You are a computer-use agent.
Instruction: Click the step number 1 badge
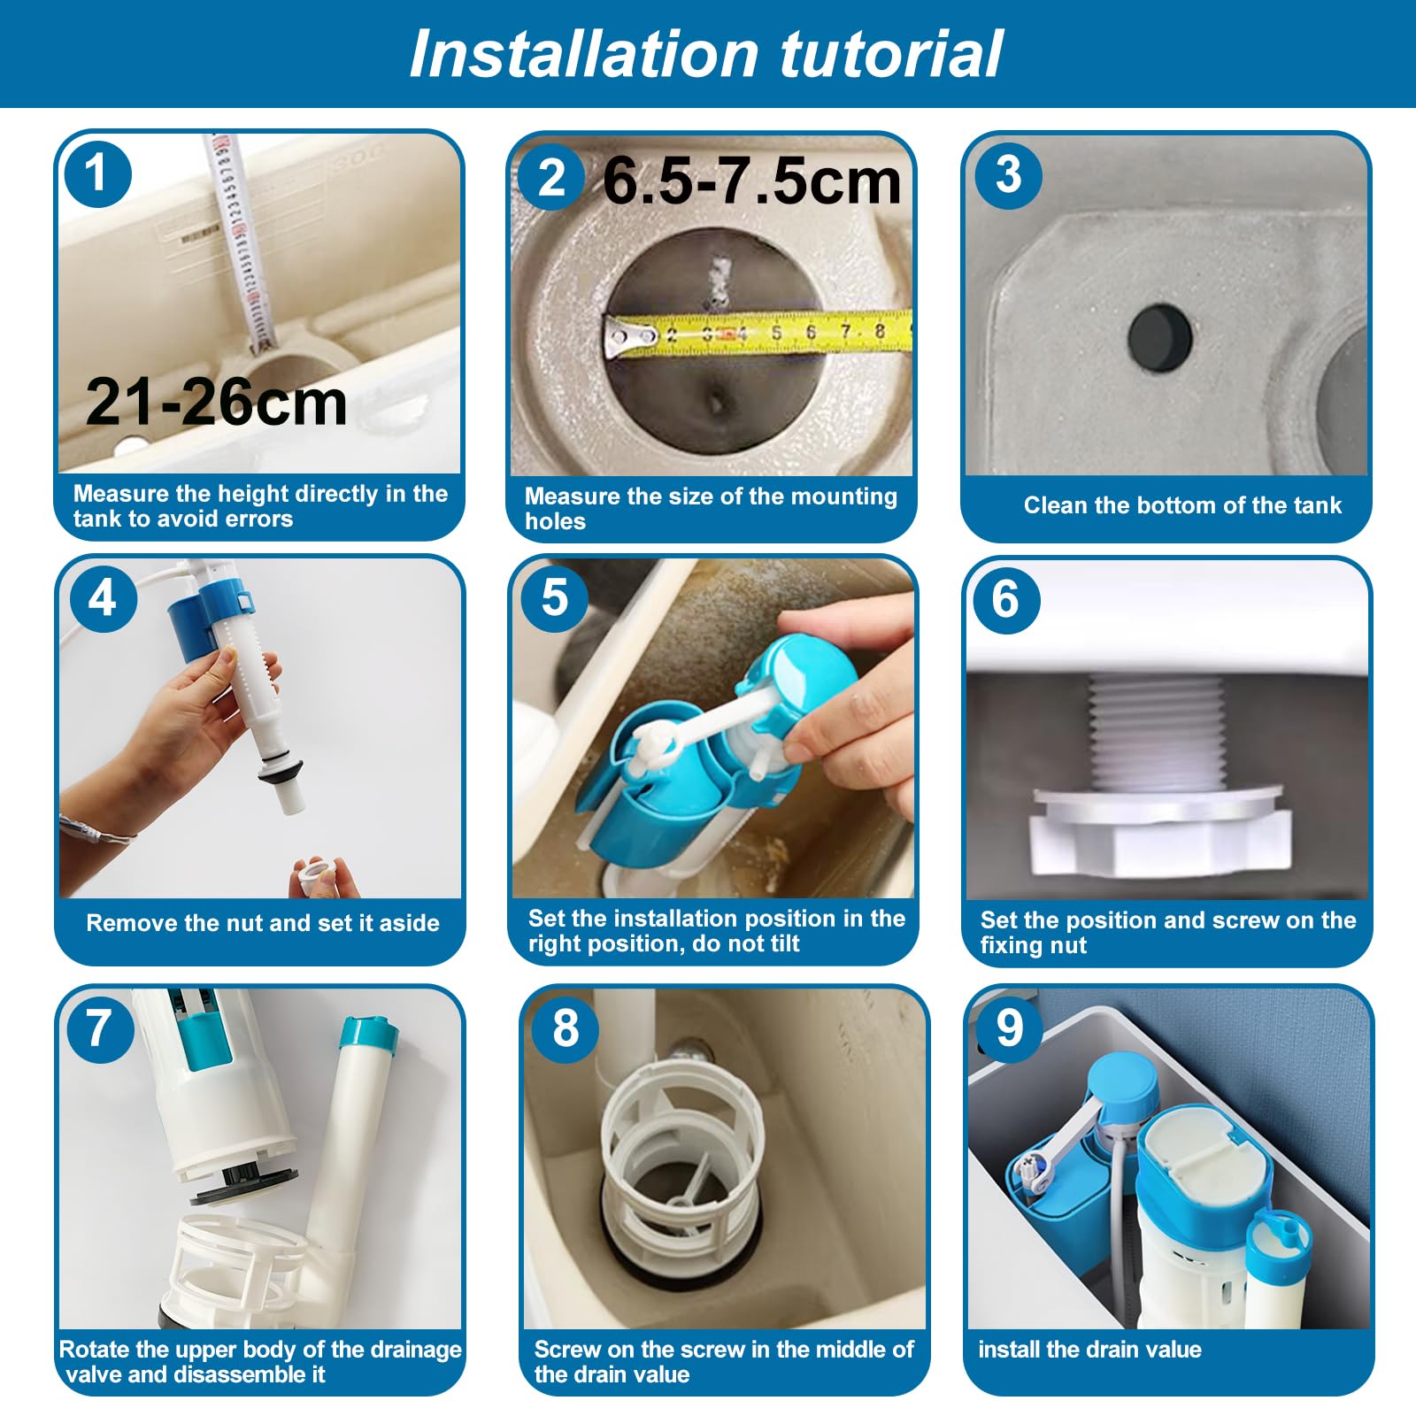[x=98, y=173]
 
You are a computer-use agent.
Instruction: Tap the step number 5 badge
[x=555, y=597]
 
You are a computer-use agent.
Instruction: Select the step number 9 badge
[x=1010, y=1027]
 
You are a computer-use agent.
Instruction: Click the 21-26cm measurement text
[x=217, y=402]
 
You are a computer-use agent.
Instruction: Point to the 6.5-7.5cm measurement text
[x=752, y=181]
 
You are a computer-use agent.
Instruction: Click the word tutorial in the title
[x=891, y=54]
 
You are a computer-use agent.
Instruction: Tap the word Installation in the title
[x=584, y=54]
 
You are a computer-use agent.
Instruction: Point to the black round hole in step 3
[x=1160, y=337]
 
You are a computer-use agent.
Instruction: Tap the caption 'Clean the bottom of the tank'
[x=1182, y=505]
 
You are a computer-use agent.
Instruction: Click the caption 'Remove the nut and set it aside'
[x=263, y=923]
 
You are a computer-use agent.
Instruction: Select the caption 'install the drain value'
[x=1089, y=1350]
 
